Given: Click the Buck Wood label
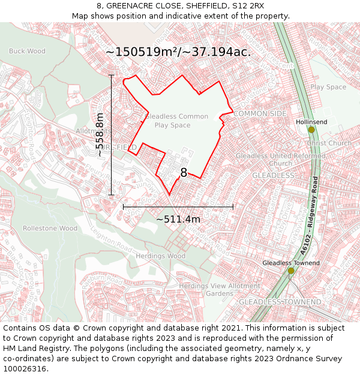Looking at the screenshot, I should click(27, 52).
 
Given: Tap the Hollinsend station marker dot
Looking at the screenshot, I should click(311, 130).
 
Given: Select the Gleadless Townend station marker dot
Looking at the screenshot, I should click(291, 271).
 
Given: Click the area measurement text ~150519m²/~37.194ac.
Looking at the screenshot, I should click(178, 52).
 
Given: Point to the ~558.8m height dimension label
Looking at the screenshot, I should click(100, 134).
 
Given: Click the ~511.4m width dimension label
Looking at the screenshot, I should click(178, 219).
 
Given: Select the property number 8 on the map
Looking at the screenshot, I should click(184, 173).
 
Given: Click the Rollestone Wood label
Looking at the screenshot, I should click(50, 228).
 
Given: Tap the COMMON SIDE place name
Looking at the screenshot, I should click(260, 113).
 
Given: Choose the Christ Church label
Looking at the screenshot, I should click(329, 143).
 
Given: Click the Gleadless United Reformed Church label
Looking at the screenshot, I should click(281, 160).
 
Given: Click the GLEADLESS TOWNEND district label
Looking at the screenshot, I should click(280, 302).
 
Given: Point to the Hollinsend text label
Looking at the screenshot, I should click(311, 122).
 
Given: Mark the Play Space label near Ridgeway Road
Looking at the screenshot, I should click(328, 87).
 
